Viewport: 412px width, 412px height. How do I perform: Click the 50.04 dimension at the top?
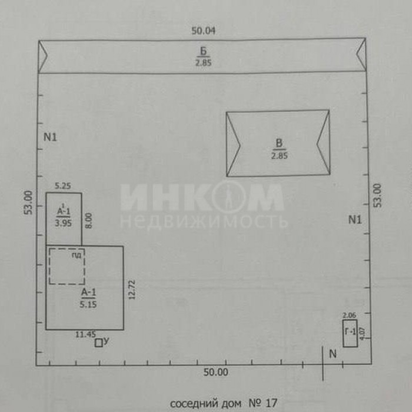203,31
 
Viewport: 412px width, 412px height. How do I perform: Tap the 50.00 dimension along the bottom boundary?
216,373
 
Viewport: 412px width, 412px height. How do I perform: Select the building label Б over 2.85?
204,51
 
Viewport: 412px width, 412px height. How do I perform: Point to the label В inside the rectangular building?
279,144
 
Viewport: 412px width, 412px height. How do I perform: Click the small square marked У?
98,343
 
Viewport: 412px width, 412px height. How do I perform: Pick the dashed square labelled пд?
67,266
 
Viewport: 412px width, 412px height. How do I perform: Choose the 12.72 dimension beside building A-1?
132,290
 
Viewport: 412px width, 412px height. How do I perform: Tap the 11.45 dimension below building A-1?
86,334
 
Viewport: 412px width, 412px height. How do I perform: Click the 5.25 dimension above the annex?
63,186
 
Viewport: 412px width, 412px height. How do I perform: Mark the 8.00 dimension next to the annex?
89,221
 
